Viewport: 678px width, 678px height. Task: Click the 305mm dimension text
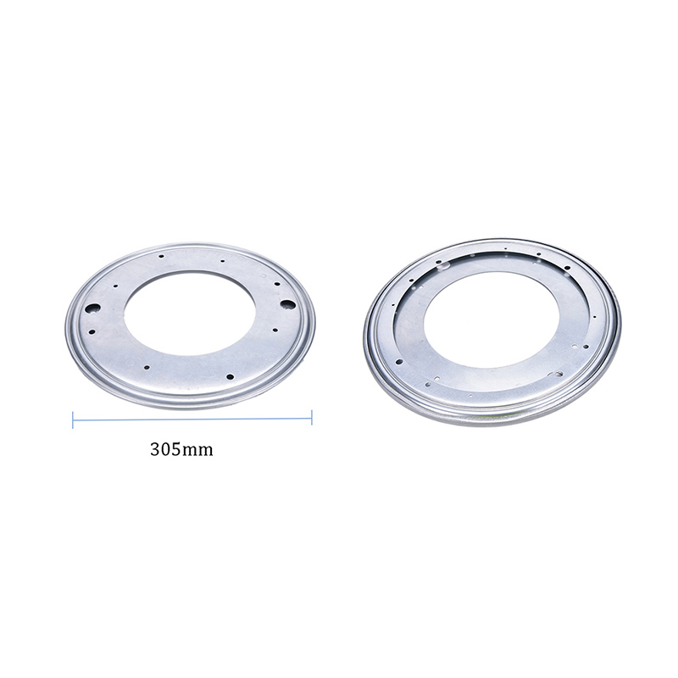coord(181,450)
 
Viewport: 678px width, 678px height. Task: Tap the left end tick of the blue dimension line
coord(73,419)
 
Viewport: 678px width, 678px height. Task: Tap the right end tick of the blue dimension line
coord(312,417)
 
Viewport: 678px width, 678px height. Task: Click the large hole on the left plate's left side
coord(93,308)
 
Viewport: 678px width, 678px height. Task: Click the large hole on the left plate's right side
coord(287,304)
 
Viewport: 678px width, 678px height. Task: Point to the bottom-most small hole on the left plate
coord(230,376)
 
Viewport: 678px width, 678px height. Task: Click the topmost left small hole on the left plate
coord(161,256)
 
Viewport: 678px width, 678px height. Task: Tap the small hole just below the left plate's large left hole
coord(92,332)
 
